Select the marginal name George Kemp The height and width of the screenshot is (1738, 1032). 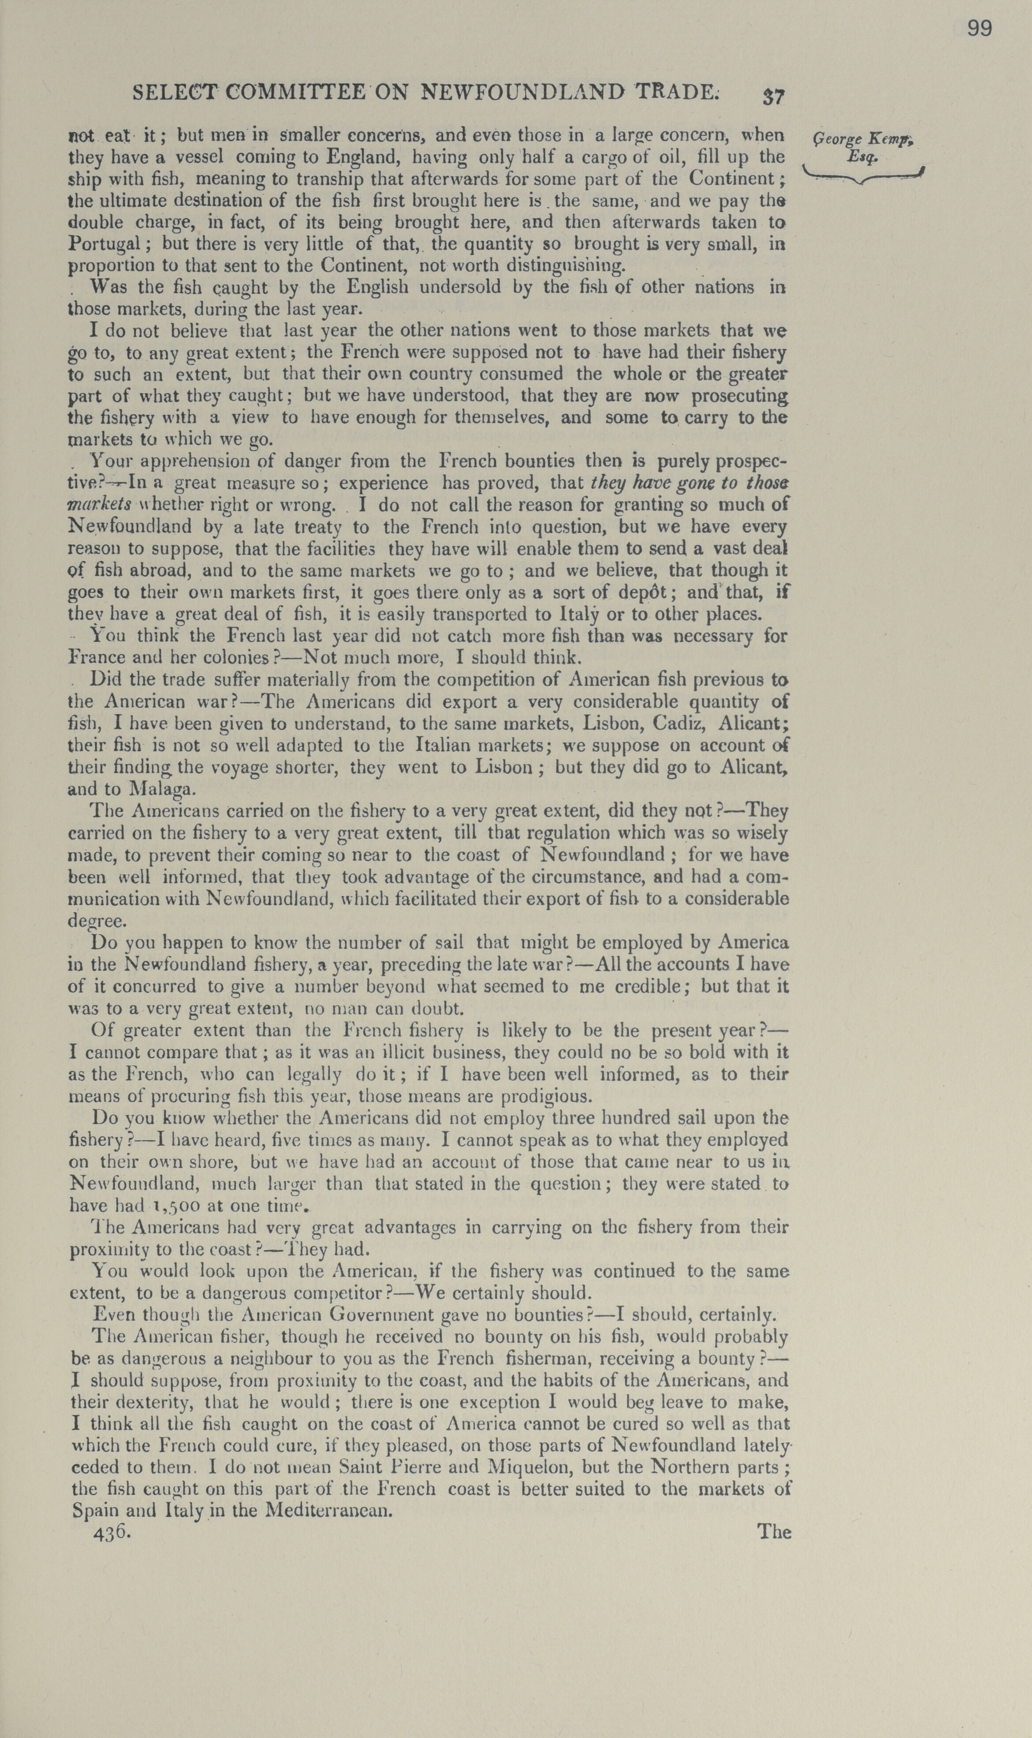pyautogui.click(x=863, y=140)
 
